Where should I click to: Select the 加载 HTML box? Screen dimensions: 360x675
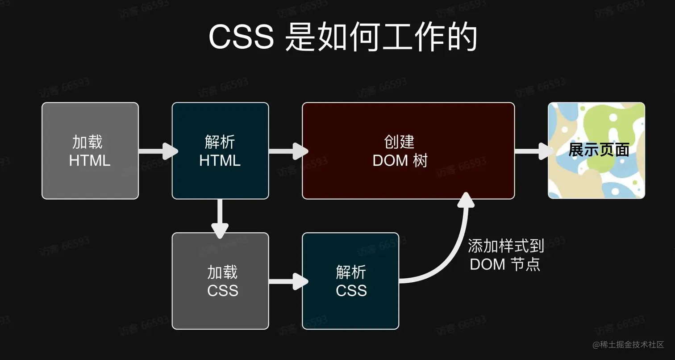click(90, 151)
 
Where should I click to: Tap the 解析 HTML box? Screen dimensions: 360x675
click(220, 151)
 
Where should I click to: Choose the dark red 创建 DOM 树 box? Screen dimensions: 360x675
click(408, 151)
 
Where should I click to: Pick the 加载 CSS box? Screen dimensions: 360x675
click(220, 280)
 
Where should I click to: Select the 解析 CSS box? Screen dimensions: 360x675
click(350, 280)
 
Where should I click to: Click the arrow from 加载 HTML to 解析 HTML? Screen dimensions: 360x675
click(157, 151)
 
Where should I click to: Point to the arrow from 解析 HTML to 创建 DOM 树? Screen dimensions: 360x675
click(287, 151)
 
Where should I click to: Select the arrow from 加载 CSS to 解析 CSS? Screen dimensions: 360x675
click(287, 281)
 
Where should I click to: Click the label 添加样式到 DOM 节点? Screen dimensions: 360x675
click(505, 255)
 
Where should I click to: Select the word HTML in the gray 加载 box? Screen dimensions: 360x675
click(90, 160)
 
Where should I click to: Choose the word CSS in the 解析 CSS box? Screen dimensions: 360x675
click(351, 291)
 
